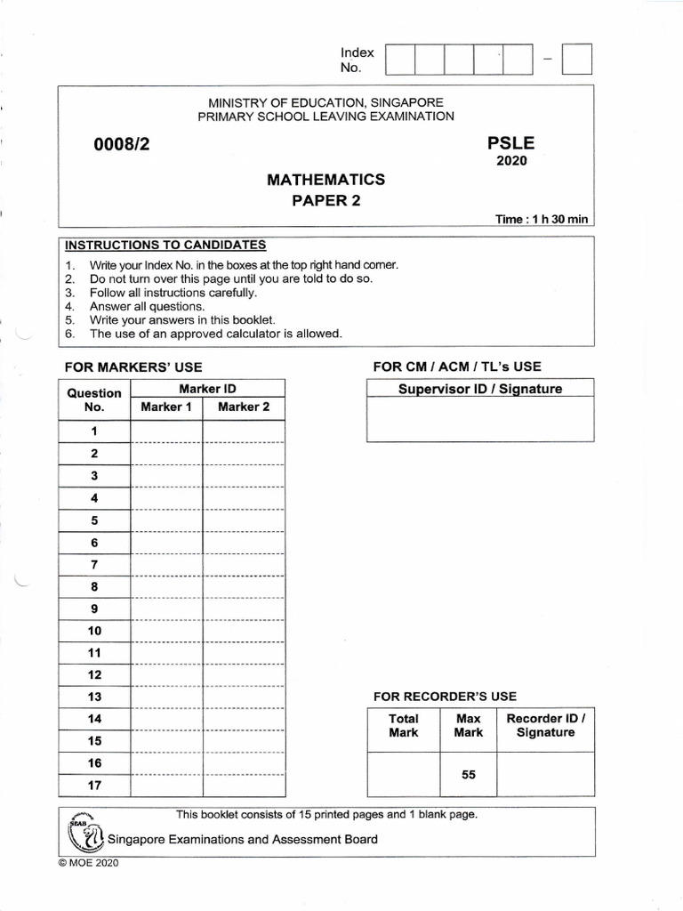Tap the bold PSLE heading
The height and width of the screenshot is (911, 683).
coord(511,143)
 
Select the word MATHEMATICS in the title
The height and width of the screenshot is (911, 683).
coord(325,180)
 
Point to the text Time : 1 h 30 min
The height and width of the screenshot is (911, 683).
coord(542,220)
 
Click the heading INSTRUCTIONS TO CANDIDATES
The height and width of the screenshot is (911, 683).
coord(165,246)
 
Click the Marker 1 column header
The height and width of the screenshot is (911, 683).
coord(166,407)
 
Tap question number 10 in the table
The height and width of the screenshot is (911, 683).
coord(94,631)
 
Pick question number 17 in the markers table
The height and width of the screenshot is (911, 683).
coord(94,786)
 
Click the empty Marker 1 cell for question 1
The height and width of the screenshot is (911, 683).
coord(166,431)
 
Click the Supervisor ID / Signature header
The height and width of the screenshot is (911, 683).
coord(479,389)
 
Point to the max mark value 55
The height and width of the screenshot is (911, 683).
coord(469,775)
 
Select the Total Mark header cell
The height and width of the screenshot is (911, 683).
coord(404,726)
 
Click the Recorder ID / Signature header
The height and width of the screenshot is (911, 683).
coord(545,726)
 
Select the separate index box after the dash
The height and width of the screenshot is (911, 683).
coord(578,60)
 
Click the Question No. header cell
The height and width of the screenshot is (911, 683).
coord(94,399)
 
